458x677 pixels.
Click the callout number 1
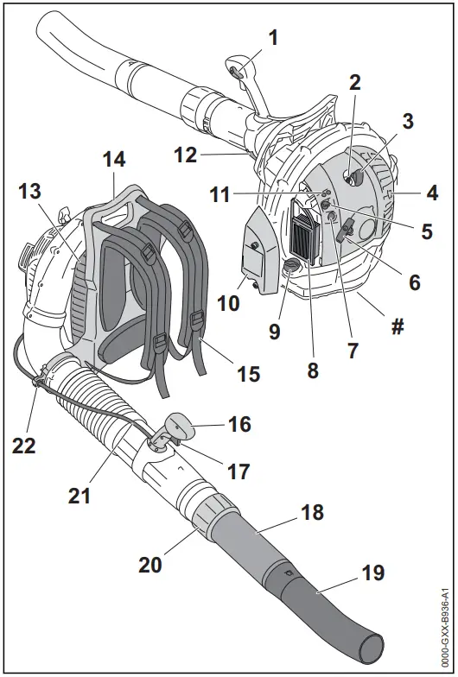[x=273, y=37]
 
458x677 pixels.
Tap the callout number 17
[x=238, y=471]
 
